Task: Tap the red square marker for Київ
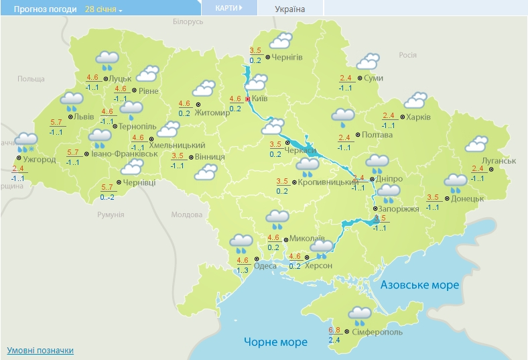248,99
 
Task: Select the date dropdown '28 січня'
104,9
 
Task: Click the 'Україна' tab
289,9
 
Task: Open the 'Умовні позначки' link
40,351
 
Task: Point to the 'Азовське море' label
419,285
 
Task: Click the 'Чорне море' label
275,342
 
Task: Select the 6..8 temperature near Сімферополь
335,330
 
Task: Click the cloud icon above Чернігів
279,40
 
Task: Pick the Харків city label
419,117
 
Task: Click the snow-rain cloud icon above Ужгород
25,141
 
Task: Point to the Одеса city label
266,265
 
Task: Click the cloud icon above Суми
367,62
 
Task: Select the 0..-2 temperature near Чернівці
107,197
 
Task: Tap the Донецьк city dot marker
447,199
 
